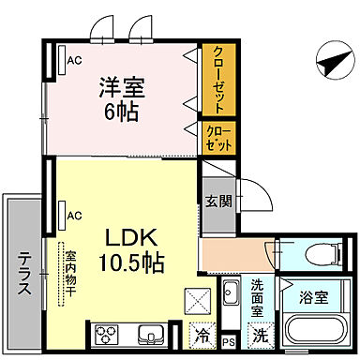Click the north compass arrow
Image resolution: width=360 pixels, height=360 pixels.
pyautogui.click(x=330, y=62)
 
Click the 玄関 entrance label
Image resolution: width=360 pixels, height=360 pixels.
pyautogui.click(x=216, y=200)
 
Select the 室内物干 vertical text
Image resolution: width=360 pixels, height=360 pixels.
pyautogui.click(x=70, y=272)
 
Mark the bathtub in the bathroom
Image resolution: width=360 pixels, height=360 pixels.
pyautogui.click(x=315, y=332)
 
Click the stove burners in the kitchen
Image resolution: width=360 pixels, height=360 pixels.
pyautogui.click(x=105, y=335)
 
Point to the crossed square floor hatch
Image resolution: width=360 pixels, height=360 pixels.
pyautogui.click(x=202, y=303)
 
